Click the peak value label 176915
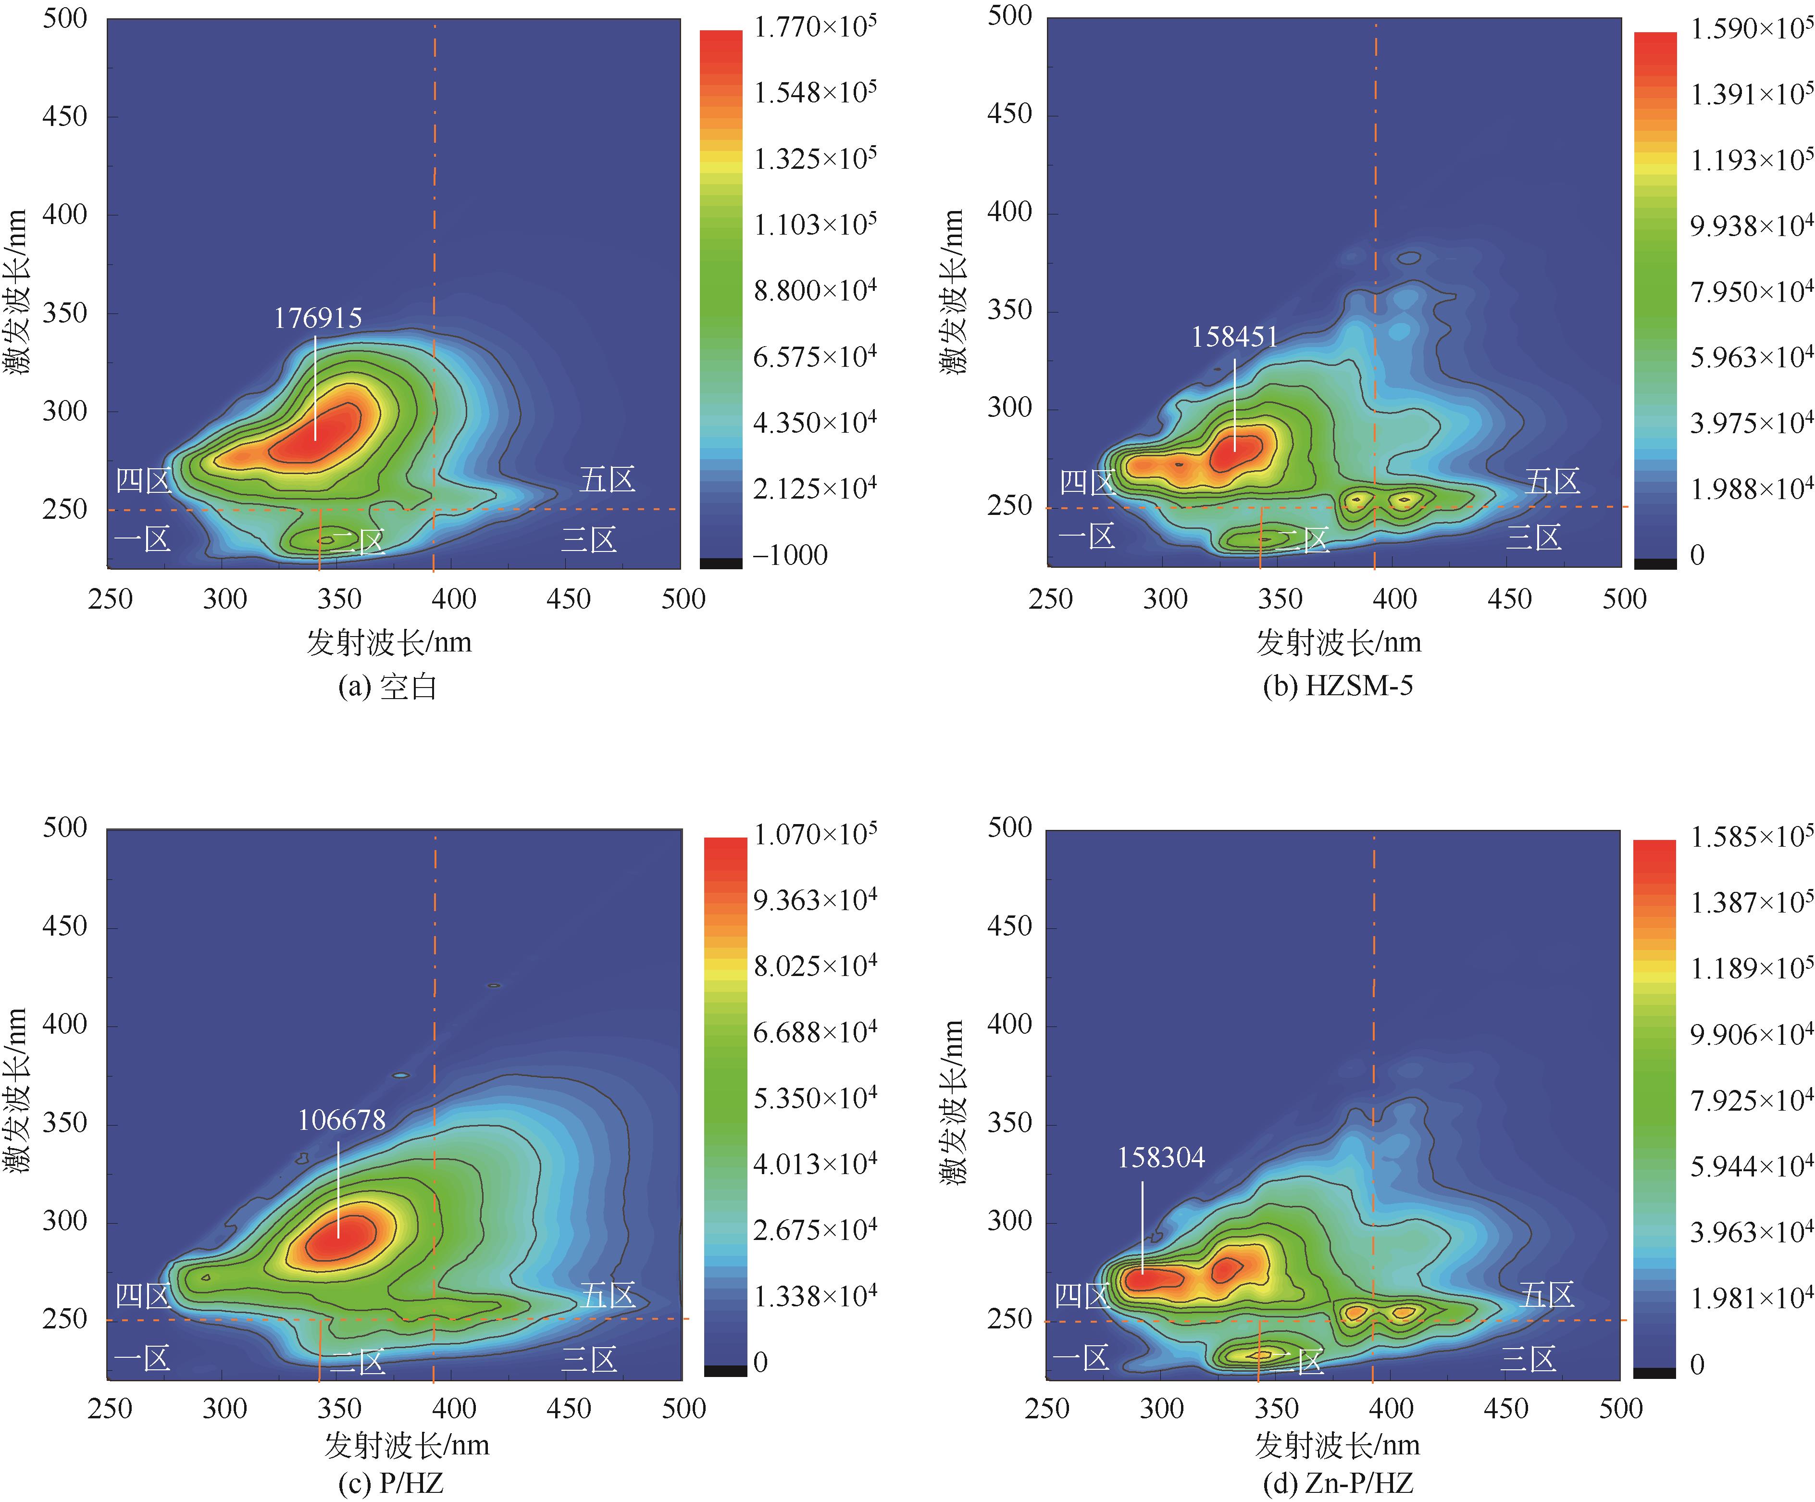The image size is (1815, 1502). pyautogui.click(x=317, y=318)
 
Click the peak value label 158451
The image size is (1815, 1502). pyautogui.click(x=1234, y=337)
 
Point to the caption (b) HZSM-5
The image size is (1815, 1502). pyautogui.click(x=1338, y=686)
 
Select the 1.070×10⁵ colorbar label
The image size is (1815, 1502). pyautogui.click(x=814, y=835)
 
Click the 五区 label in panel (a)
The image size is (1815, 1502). pyautogui.click(x=607, y=479)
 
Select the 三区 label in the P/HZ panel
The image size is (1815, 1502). pyautogui.click(x=589, y=1359)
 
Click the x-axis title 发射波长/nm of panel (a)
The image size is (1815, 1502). pyautogui.click(x=389, y=642)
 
